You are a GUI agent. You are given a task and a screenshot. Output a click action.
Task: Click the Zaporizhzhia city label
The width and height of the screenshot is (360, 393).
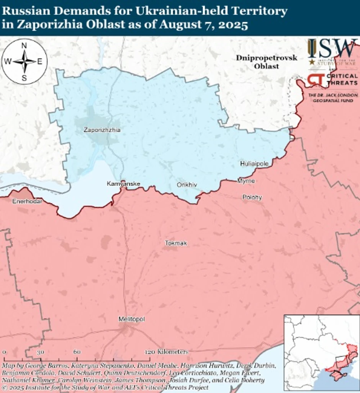[102, 130]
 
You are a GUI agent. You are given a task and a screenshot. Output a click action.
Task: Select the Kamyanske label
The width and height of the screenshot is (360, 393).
[123, 184]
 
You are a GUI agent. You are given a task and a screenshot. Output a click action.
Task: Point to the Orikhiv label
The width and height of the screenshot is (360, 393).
[187, 185]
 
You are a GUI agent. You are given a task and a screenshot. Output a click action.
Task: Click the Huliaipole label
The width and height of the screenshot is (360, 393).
[254, 164]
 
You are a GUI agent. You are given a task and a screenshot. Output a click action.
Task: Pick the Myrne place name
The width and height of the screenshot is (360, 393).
[246, 181]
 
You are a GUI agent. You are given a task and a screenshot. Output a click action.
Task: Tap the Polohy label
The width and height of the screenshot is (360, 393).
[252, 197]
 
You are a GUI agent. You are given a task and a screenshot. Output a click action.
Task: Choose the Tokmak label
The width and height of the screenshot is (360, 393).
[176, 243]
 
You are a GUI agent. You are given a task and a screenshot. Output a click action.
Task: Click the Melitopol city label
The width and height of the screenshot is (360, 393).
[132, 319]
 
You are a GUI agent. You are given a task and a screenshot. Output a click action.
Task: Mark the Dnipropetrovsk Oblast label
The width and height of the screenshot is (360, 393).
[267, 62]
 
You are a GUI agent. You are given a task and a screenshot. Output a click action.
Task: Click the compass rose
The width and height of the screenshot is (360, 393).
[24, 61]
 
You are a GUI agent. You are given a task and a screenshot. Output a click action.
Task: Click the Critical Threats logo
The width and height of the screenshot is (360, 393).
[332, 80]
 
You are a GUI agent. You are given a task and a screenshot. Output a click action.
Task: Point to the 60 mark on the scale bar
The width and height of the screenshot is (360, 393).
[77, 352]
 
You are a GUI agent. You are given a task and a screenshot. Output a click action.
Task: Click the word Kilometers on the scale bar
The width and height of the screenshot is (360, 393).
[173, 352]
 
